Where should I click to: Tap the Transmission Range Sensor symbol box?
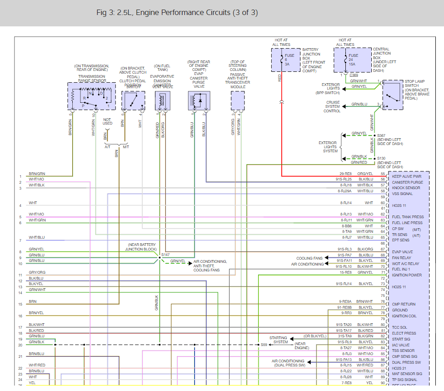91,96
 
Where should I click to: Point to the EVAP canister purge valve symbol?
199,100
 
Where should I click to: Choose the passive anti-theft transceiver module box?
238,100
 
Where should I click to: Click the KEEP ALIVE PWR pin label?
407,176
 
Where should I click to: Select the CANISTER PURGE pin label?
407,182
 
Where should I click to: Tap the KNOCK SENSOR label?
406,188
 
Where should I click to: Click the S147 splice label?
165,255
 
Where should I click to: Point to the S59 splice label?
264,345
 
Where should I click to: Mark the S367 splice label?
381,135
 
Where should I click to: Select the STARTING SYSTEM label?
278,340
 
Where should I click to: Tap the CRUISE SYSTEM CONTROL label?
332,107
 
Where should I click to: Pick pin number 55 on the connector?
383,174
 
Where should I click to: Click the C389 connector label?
354,75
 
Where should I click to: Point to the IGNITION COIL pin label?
404,316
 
